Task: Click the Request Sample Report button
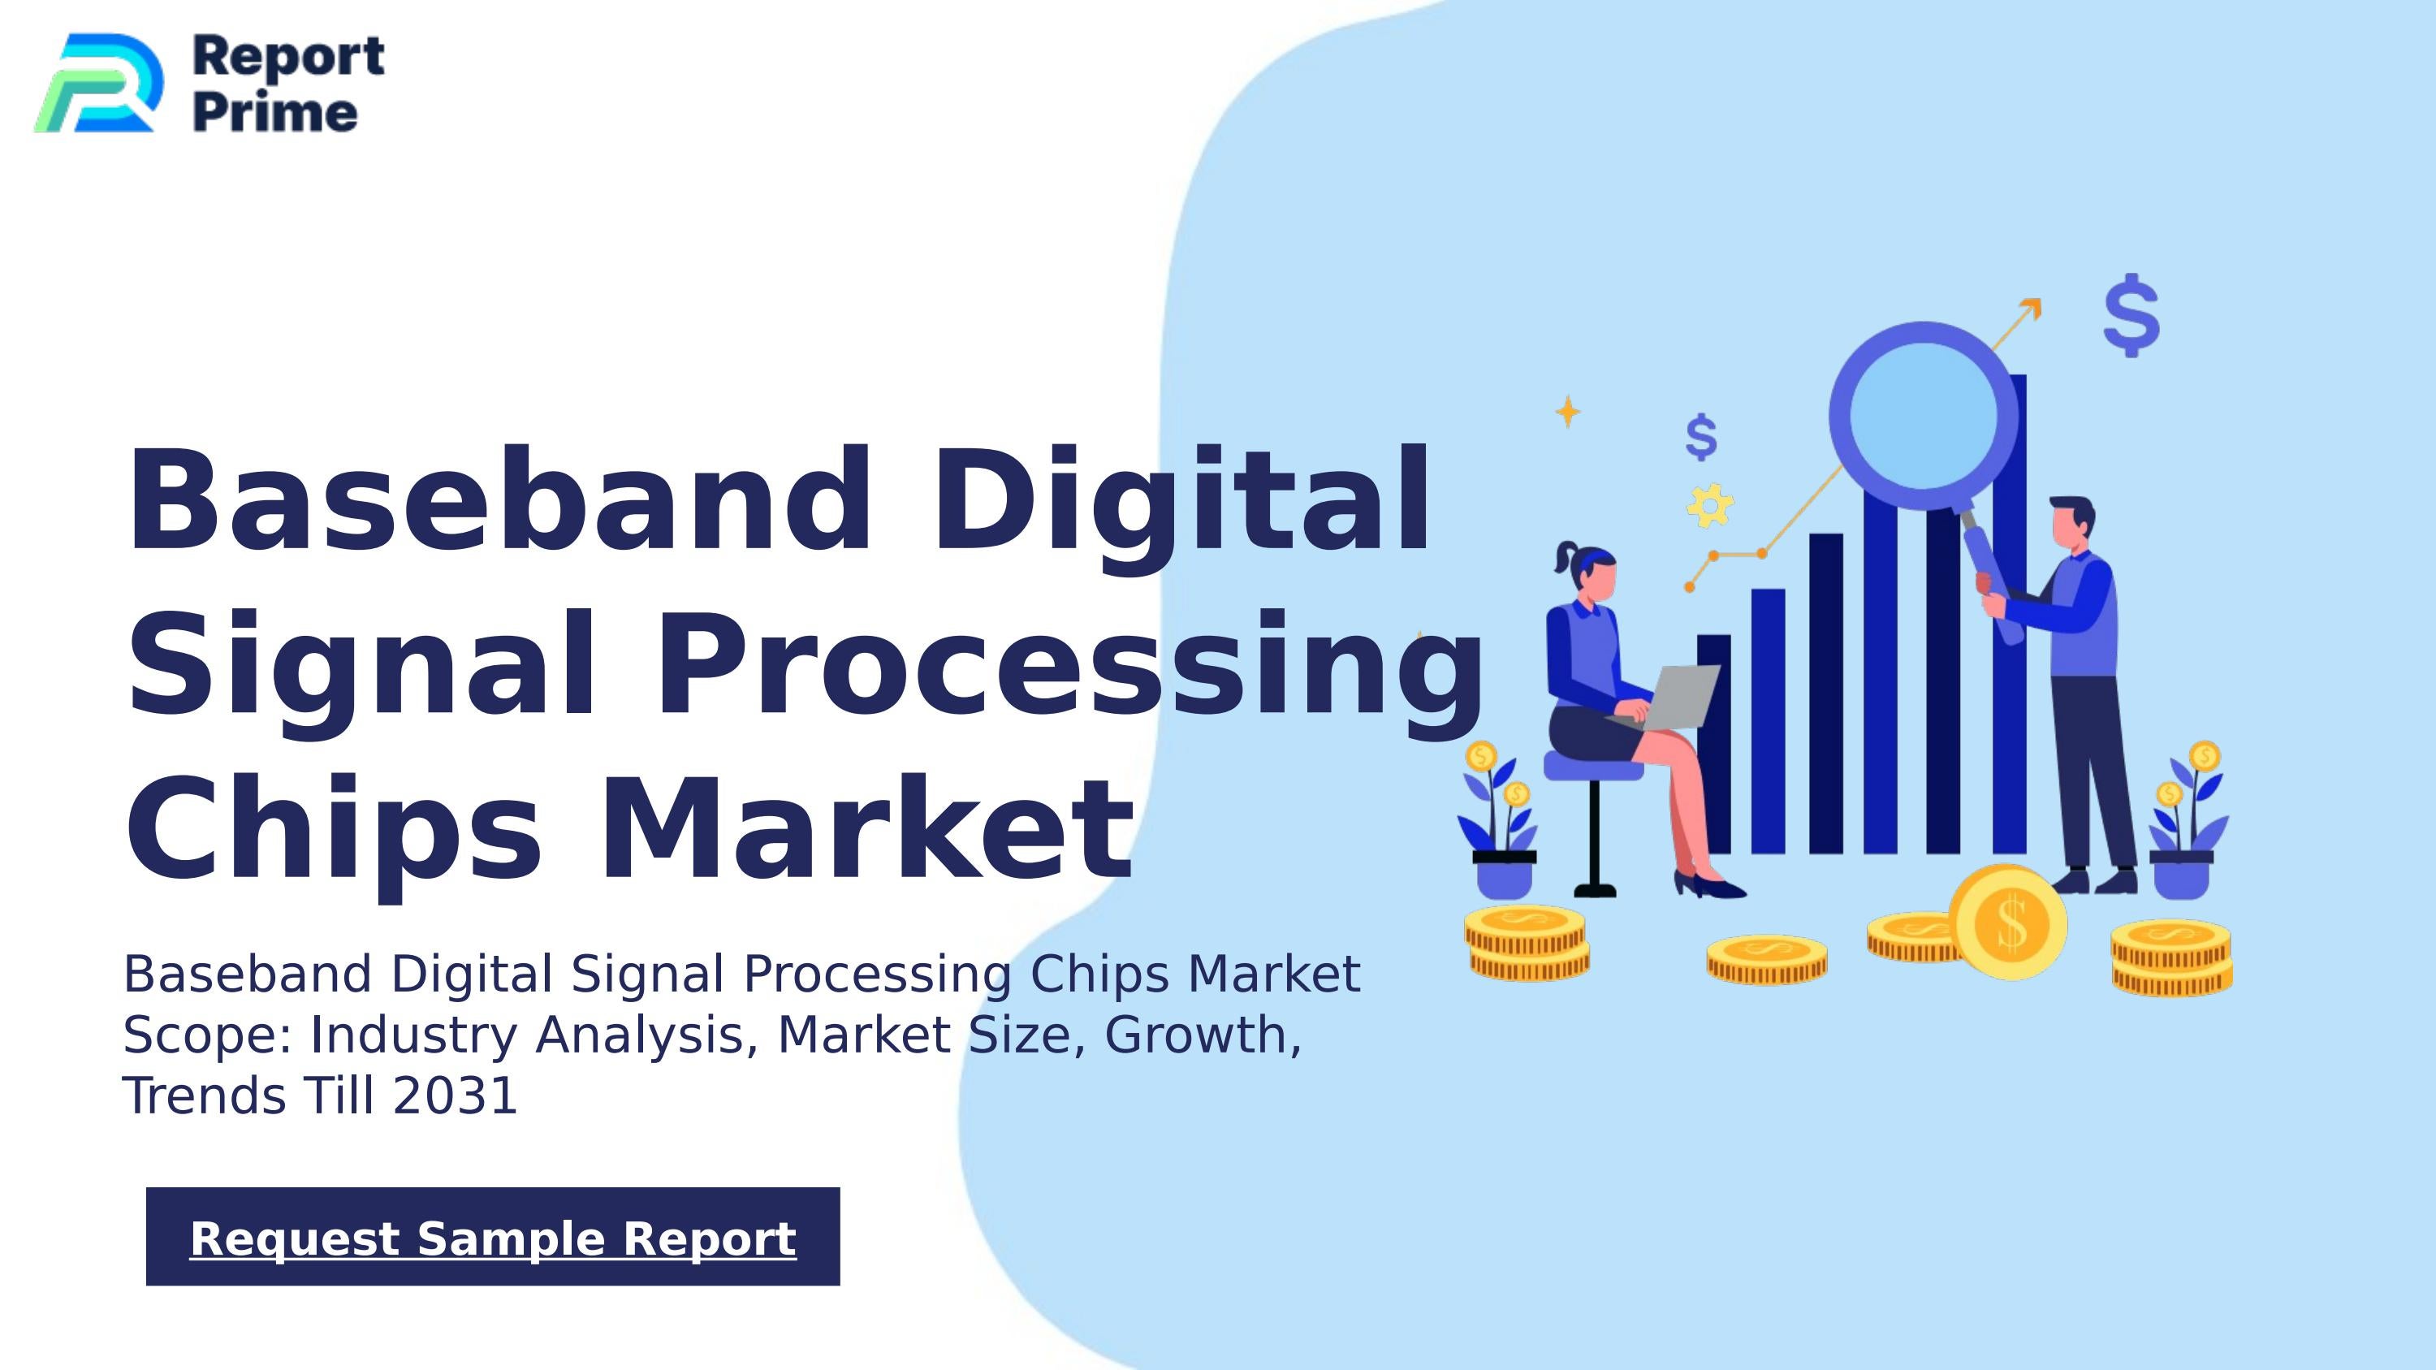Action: [493, 1237]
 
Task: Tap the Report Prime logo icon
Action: [98, 83]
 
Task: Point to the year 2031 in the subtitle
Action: [455, 1096]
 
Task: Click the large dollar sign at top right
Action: [2131, 315]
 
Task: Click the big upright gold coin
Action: [2010, 921]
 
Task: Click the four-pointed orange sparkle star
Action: [1568, 411]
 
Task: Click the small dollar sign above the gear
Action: [1700, 437]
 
